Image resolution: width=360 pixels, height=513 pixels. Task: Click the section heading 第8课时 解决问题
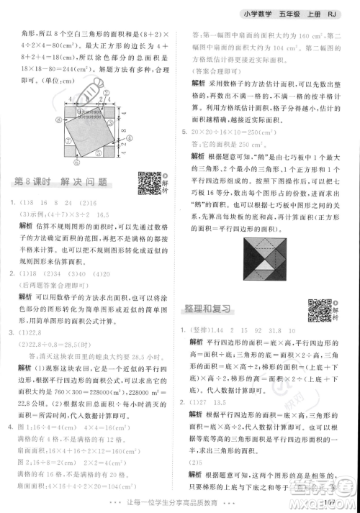point(65,183)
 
